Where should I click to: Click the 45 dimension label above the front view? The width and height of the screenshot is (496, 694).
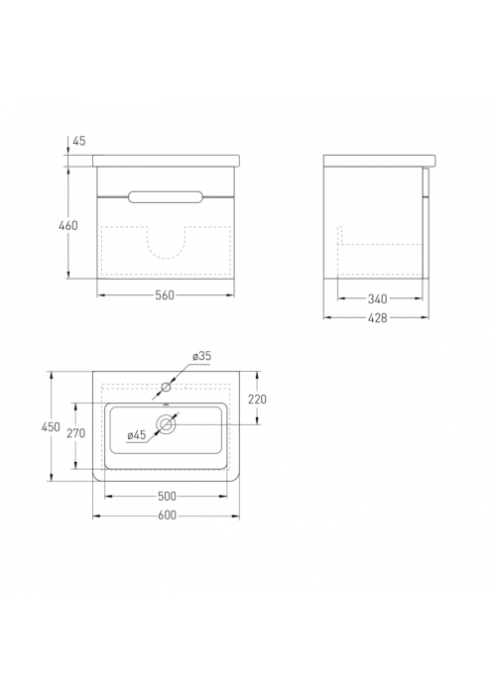point(78,141)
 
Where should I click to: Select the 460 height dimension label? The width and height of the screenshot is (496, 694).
point(68,225)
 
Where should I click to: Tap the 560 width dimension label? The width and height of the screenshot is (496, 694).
point(165,294)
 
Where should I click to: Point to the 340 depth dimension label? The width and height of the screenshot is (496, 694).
point(377,299)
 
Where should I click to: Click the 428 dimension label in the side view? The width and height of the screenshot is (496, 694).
point(377,318)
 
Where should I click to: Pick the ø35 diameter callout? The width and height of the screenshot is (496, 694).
point(201,356)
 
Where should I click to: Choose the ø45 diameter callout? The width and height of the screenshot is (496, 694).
point(137,435)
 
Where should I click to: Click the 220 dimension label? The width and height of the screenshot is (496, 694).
point(257,400)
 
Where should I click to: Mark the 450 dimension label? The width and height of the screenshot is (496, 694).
point(51,427)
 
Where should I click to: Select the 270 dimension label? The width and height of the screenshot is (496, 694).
point(75,433)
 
